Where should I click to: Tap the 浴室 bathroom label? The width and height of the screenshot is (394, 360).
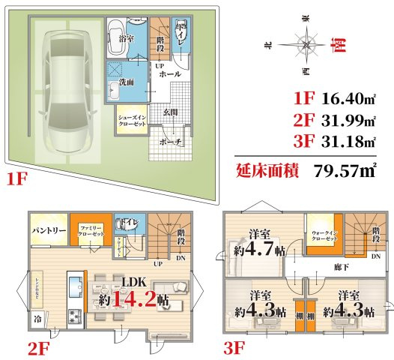tap(125, 37)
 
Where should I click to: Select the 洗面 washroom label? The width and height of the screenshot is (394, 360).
tap(124, 82)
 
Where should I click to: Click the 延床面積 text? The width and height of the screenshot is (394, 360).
tap(267, 170)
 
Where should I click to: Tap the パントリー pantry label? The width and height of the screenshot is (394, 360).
tap(49, 231)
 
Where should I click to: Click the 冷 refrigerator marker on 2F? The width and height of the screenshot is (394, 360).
tap(37, 318)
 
